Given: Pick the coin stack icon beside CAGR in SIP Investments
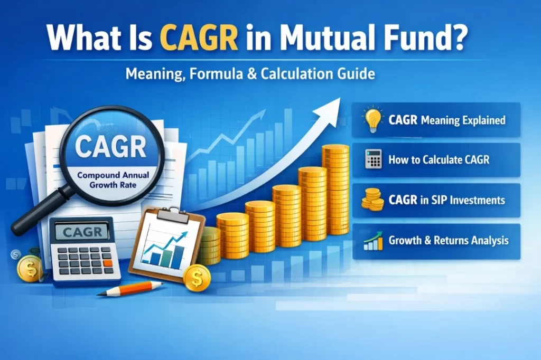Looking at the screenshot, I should pyautogui.click(x=373, y=201).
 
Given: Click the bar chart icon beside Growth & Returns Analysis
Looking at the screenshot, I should pyautogui.click(x=373, y=241).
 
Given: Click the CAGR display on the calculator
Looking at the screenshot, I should pyautogui.click(x=82, y=232).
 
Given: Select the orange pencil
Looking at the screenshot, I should pyautogui.click(x=132, y=289).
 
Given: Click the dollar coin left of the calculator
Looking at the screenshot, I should pyautogui.click(x=29, y=268).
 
